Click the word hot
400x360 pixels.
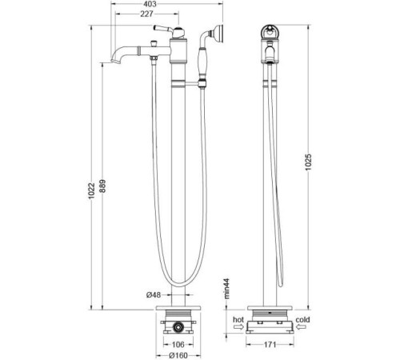pos(238,319)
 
